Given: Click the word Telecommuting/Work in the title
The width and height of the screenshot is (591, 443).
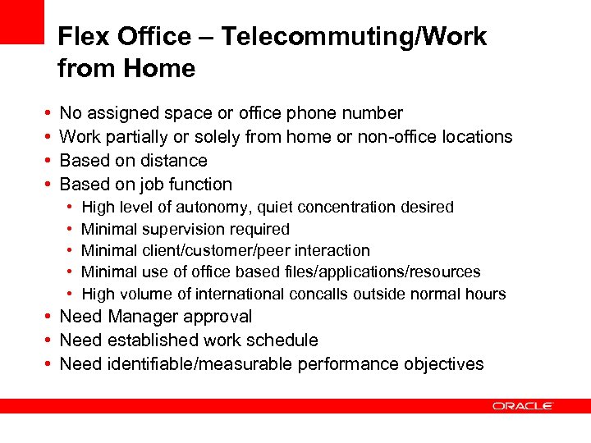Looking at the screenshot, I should [x=354, y=37].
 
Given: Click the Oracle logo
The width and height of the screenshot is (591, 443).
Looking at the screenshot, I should [x=523, y=405].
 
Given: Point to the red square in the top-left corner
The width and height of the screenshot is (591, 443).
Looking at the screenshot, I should [x=21, y=21].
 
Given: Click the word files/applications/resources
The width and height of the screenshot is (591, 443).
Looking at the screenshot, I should [x=374, y=272].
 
